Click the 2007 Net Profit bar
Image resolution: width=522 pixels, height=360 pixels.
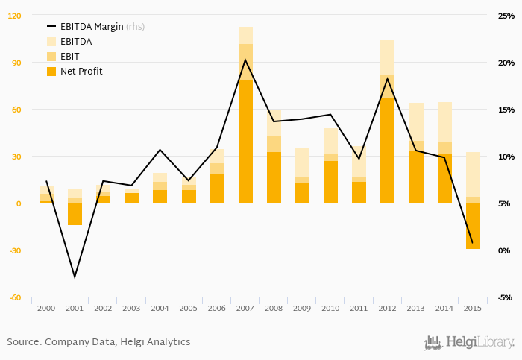245,142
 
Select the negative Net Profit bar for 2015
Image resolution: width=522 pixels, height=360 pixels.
473,226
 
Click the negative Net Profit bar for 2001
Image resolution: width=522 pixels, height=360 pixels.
75,214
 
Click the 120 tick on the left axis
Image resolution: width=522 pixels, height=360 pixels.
15,16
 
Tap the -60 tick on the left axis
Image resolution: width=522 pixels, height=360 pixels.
15,297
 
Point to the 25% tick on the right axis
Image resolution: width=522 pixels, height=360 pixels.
506,16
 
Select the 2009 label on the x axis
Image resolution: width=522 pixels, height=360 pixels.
302,309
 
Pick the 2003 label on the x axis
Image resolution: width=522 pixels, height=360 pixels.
131,309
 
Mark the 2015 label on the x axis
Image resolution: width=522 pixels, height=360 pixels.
473,309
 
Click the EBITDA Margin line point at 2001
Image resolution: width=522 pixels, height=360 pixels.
75,277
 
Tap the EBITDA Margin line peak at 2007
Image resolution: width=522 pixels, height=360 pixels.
245,60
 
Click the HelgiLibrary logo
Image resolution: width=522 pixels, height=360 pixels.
470,343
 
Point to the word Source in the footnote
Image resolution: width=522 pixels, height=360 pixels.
24,342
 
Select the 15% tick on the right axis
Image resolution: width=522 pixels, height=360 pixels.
506,110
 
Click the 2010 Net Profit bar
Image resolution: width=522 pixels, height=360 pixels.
330,182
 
